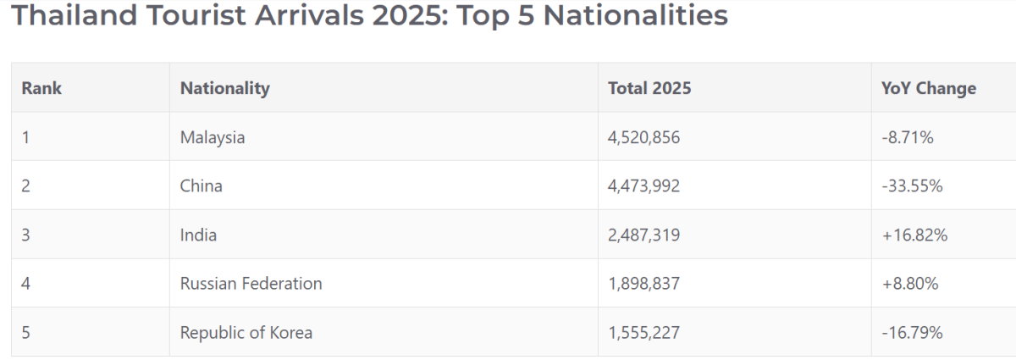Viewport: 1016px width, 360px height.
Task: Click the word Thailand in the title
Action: (x=74, y=14)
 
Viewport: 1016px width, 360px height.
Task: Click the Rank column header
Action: (x=41, y=88)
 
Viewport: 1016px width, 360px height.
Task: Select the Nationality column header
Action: (x=225, y=89)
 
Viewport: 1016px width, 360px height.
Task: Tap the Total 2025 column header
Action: (x=649, y=88)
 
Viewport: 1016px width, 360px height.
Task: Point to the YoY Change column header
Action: (x=929, y=88)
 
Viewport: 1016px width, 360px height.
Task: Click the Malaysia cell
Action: (x=213, y=137)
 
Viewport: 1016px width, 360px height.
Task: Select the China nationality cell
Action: (x=201, y=186)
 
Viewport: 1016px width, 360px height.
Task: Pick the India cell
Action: (x=198, y=235)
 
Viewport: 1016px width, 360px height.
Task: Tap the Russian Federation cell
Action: (x=251, y=284)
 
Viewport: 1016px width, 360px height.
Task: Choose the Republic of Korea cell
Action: (x=246, y=333)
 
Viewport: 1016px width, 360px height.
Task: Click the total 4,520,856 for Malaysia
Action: (x=644, y=137)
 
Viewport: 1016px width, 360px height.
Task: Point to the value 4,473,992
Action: (x=644, y=186)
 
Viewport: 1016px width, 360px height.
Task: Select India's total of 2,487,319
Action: (x=644, y=235)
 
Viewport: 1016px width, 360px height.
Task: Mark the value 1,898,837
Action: (x=644, y=284)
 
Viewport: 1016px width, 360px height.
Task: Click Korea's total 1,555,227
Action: (x=644, y=333)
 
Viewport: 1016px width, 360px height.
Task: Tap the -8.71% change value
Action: (x=908, y=137)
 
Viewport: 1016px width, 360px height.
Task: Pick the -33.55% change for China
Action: (x=912, y=186)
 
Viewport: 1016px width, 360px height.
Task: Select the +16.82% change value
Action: (x=914, y=235)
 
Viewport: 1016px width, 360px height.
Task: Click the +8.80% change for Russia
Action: (x=910, y=284)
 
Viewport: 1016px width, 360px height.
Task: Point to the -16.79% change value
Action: (x=912, y=333)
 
